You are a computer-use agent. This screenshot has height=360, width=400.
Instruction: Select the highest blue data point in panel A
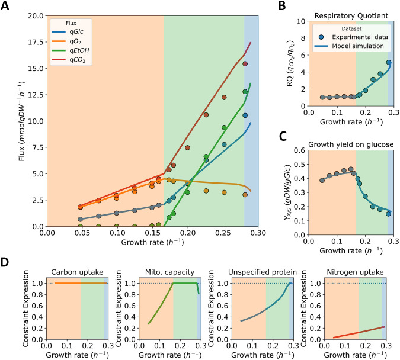pyautogui.click(x=245, y=115)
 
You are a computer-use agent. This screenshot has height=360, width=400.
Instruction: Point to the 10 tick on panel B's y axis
pyautogui.click(x=299, y=21)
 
